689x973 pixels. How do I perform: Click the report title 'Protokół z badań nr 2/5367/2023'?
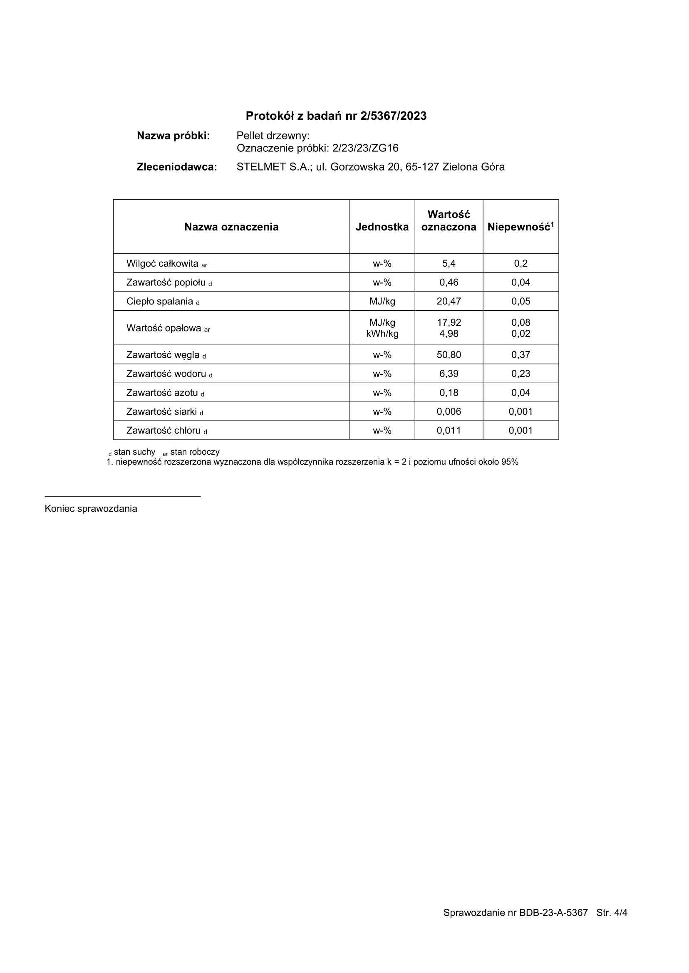pyautogui.click(x=336, y=116)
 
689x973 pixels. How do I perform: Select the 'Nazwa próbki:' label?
pyautogui.click(x=173, y=136)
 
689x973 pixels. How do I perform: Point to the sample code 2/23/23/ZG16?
pyautogui.click(x=365, y=148)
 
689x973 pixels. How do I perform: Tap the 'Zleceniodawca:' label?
pyautogui.click(x=176, y=167)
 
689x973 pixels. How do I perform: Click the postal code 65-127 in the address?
pyautogui.click(x=422, y=167)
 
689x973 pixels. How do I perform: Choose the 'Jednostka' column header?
pyautogui.click(x=382, y=227)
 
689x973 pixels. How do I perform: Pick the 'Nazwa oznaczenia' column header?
pyautogui.click(x=231, y=227)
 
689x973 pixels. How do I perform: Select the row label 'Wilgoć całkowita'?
pyautogui.click(x=163, y=263)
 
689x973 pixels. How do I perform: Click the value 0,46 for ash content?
pyautogui.click(x=449, y=282)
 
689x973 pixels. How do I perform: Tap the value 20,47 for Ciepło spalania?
pyautogui.click(x=449, y=302)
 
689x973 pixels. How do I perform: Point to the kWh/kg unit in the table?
pyautogui.click(x=382, y=334)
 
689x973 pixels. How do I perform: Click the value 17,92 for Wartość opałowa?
pyautogui.click(x=449, y=322)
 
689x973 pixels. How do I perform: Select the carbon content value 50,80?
pyautogui.click(x=449, y=354)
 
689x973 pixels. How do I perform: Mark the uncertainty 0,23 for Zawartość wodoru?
pyautogui.click(x=520, y=374)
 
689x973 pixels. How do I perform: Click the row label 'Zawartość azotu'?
pyautogui.click(x=162, y=393)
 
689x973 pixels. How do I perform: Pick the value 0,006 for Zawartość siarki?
pyautogui.click(x=449, y=411)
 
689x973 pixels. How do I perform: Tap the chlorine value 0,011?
pyautogui.click(x=449, y=431)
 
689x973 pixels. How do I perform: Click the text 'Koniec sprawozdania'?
pyautogui.click(x=91, y=509)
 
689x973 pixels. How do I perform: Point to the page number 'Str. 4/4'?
pyautogui.click(x=611, y=913)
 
